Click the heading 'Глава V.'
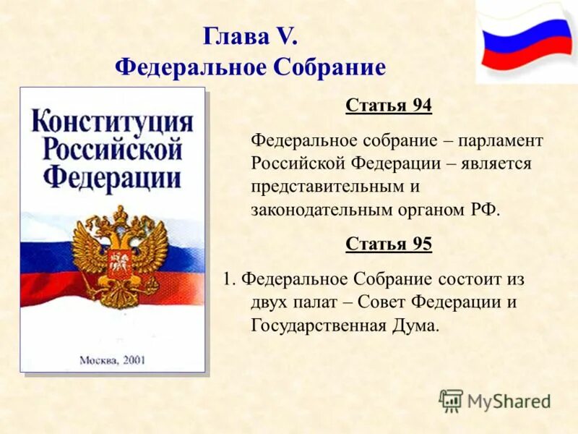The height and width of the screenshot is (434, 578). click(250, 36)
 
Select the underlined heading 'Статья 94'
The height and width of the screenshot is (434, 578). click(389, 106)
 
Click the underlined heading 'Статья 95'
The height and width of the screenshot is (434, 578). click(389, 244)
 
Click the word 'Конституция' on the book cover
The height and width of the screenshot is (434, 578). click(113, 122)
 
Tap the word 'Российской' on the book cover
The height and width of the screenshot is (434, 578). click(113, 150)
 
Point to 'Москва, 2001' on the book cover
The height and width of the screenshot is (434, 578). click(112, 359)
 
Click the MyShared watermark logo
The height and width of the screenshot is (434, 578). click(495, 401)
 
